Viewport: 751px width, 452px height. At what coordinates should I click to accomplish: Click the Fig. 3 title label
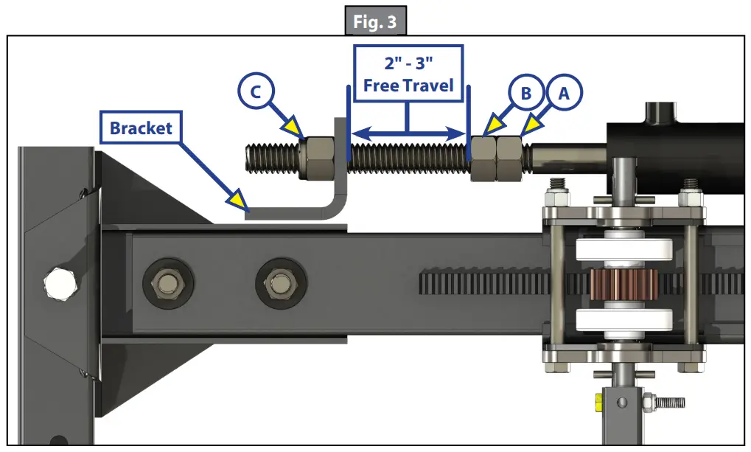tap(375, 22)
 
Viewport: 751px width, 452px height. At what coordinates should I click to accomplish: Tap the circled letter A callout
tap(564, 94)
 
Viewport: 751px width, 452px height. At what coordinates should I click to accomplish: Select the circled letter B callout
tap(525, 94)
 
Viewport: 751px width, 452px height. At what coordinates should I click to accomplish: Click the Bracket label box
tap(142, 128)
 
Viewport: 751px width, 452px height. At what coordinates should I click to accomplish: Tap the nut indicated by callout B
tap(483, 157)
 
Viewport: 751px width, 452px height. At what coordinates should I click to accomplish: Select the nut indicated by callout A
tap(509, 157)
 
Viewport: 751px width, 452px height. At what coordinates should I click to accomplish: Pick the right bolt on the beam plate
tap(279, 281)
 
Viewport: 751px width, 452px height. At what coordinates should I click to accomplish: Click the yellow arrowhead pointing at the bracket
tap(238, 198)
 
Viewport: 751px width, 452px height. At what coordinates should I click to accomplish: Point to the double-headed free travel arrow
tap(408, 133)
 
